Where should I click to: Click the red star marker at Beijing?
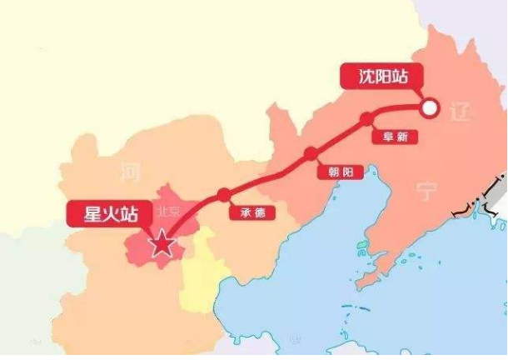point(162,244)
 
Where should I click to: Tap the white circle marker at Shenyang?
point(430,107)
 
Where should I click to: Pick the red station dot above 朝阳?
point(311,153)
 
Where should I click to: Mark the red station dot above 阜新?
point(367,119)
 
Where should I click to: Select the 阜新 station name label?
point(396,137)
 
